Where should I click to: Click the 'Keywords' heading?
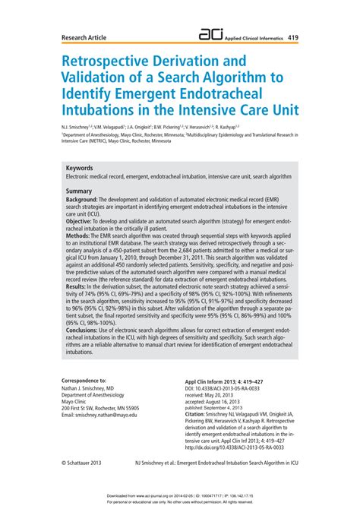(x=80, y=168)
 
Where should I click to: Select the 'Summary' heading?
(x=79, y=191)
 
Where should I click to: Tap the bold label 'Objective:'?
(x=84, y=221)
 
